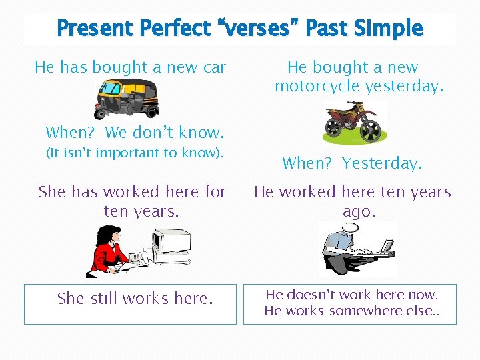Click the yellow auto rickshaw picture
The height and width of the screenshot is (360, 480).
[127, 98]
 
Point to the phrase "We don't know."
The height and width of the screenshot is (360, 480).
[163, 132]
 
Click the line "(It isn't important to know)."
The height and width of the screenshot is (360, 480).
[134, 153]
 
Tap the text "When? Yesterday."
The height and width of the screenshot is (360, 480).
[352, 163]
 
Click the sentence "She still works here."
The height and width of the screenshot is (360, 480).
[135, 299]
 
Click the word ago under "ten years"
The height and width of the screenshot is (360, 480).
[359, 211]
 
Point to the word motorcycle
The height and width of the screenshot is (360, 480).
[317, 85]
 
